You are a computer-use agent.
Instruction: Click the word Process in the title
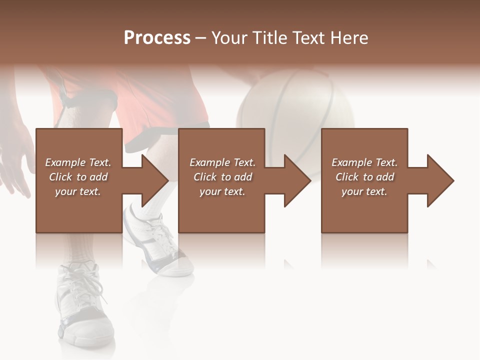pos(157,38)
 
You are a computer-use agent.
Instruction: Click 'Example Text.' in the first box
pos(78,162)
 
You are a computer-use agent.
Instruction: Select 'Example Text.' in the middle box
pos(222,162)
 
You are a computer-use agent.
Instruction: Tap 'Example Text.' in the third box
pos(364,162)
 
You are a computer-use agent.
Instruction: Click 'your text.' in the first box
pos(78,191)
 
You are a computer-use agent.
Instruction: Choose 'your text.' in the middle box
pos(222,191)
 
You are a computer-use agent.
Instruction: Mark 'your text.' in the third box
pos(364,191)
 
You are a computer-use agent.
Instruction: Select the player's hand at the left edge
pos(15,160)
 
